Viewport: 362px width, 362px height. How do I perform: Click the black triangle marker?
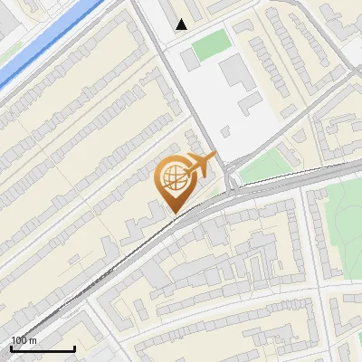pos(182,24)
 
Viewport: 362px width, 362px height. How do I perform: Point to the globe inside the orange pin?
pos(173,178)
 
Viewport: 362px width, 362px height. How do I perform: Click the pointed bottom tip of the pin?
pos(174,214)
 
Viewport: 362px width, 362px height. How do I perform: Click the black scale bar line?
pos(42,348)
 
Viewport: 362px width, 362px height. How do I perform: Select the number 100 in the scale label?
pos(19,340)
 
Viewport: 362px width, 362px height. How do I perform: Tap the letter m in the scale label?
pos(33,340)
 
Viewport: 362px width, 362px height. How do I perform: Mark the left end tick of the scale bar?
pos(11,347)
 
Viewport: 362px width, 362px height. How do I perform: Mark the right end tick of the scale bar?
pos(74,347)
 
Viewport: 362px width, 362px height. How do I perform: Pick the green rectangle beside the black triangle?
pos(209,45)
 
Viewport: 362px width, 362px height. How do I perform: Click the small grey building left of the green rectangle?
pos(187,58)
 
